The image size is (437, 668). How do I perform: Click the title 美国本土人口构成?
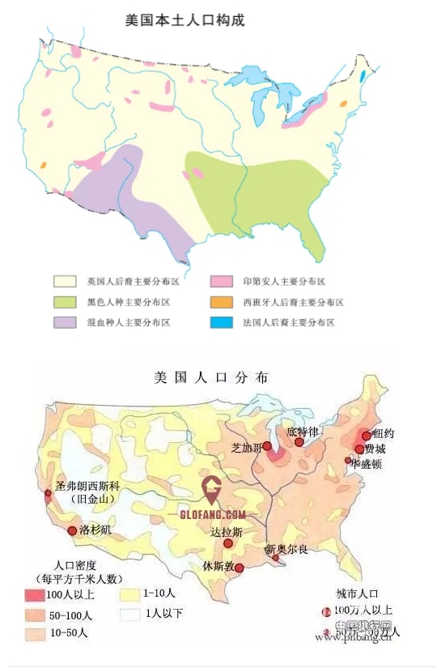(185, 19)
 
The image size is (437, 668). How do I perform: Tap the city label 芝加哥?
(247, 447)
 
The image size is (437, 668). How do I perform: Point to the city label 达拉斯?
(226, 532)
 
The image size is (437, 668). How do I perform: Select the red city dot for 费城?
(359, 449)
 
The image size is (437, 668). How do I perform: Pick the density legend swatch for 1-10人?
(128, 595)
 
